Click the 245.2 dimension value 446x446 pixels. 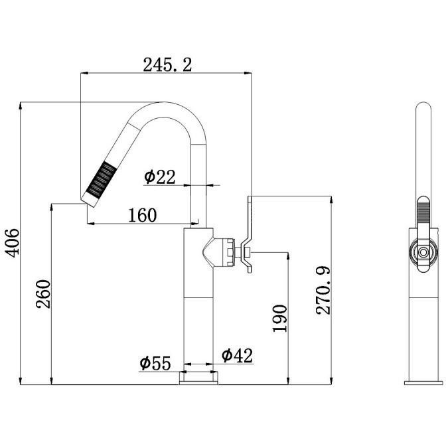coord(167,65)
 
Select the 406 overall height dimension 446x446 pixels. coord(13,243)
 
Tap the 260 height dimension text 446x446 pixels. coord(43,294)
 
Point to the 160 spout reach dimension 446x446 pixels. coord(143,215)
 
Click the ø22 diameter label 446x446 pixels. coord(159,177)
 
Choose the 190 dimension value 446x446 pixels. coord(280,319)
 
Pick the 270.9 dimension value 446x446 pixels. coord(323,291)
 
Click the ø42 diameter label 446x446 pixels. coord(237,355)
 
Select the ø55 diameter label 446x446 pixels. coord(155,363)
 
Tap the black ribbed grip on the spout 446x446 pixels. coord(102,179)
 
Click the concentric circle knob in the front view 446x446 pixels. coord(423,252)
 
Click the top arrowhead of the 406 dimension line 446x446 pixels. coord(20,106)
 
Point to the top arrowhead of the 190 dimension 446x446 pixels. coord(288,256)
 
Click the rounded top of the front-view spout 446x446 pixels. coord(423,106)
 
